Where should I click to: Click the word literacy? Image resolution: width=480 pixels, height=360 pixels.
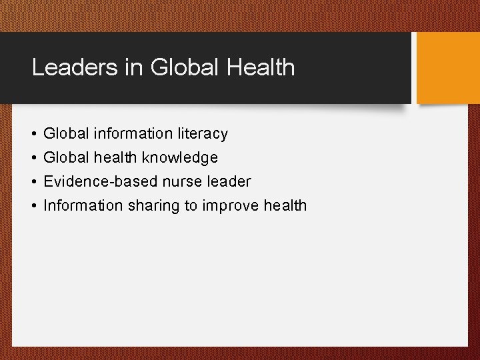pyautogui.click(x=203, y=134)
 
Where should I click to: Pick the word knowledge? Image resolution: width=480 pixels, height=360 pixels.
pyautogui.click(x=186, y=158)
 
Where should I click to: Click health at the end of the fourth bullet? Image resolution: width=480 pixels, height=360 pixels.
pyautogui.click(x=285, y=205)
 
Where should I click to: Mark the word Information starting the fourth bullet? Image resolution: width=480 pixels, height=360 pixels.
pyautogui.click(x=83, y=205)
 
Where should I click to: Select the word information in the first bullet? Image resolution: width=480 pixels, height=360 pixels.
pyautogui.click(x=134, y=134)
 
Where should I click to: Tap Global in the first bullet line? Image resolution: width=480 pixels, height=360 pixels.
pyautogui.click(x=65, y=134)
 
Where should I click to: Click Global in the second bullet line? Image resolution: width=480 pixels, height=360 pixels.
pyautogui.click(x=65, y=158)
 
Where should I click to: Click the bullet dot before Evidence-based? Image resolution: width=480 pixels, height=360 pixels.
pyautogui.click(x=33, y=182)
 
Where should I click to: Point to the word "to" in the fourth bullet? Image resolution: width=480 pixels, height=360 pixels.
pyautogui.click(x=191, y=205)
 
